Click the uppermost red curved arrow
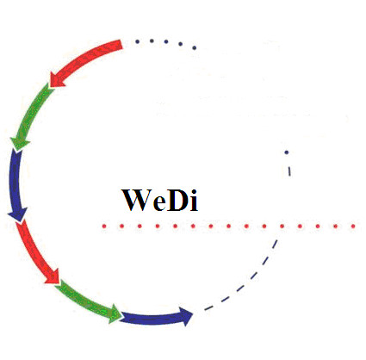point(84,59)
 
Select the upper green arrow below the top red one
point(31,114)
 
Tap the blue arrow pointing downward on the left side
point(15,183)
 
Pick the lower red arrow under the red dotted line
point(34,251)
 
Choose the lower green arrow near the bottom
point(86,301)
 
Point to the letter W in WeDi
point(136,200)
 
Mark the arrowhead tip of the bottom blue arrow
point(193,315)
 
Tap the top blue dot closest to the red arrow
point(137,41)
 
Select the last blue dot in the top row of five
point(195,47)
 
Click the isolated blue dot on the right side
point(287,152)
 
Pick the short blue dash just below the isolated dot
point(289,171)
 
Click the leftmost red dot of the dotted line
point(104,227)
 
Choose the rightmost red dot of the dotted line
point(353,227)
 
